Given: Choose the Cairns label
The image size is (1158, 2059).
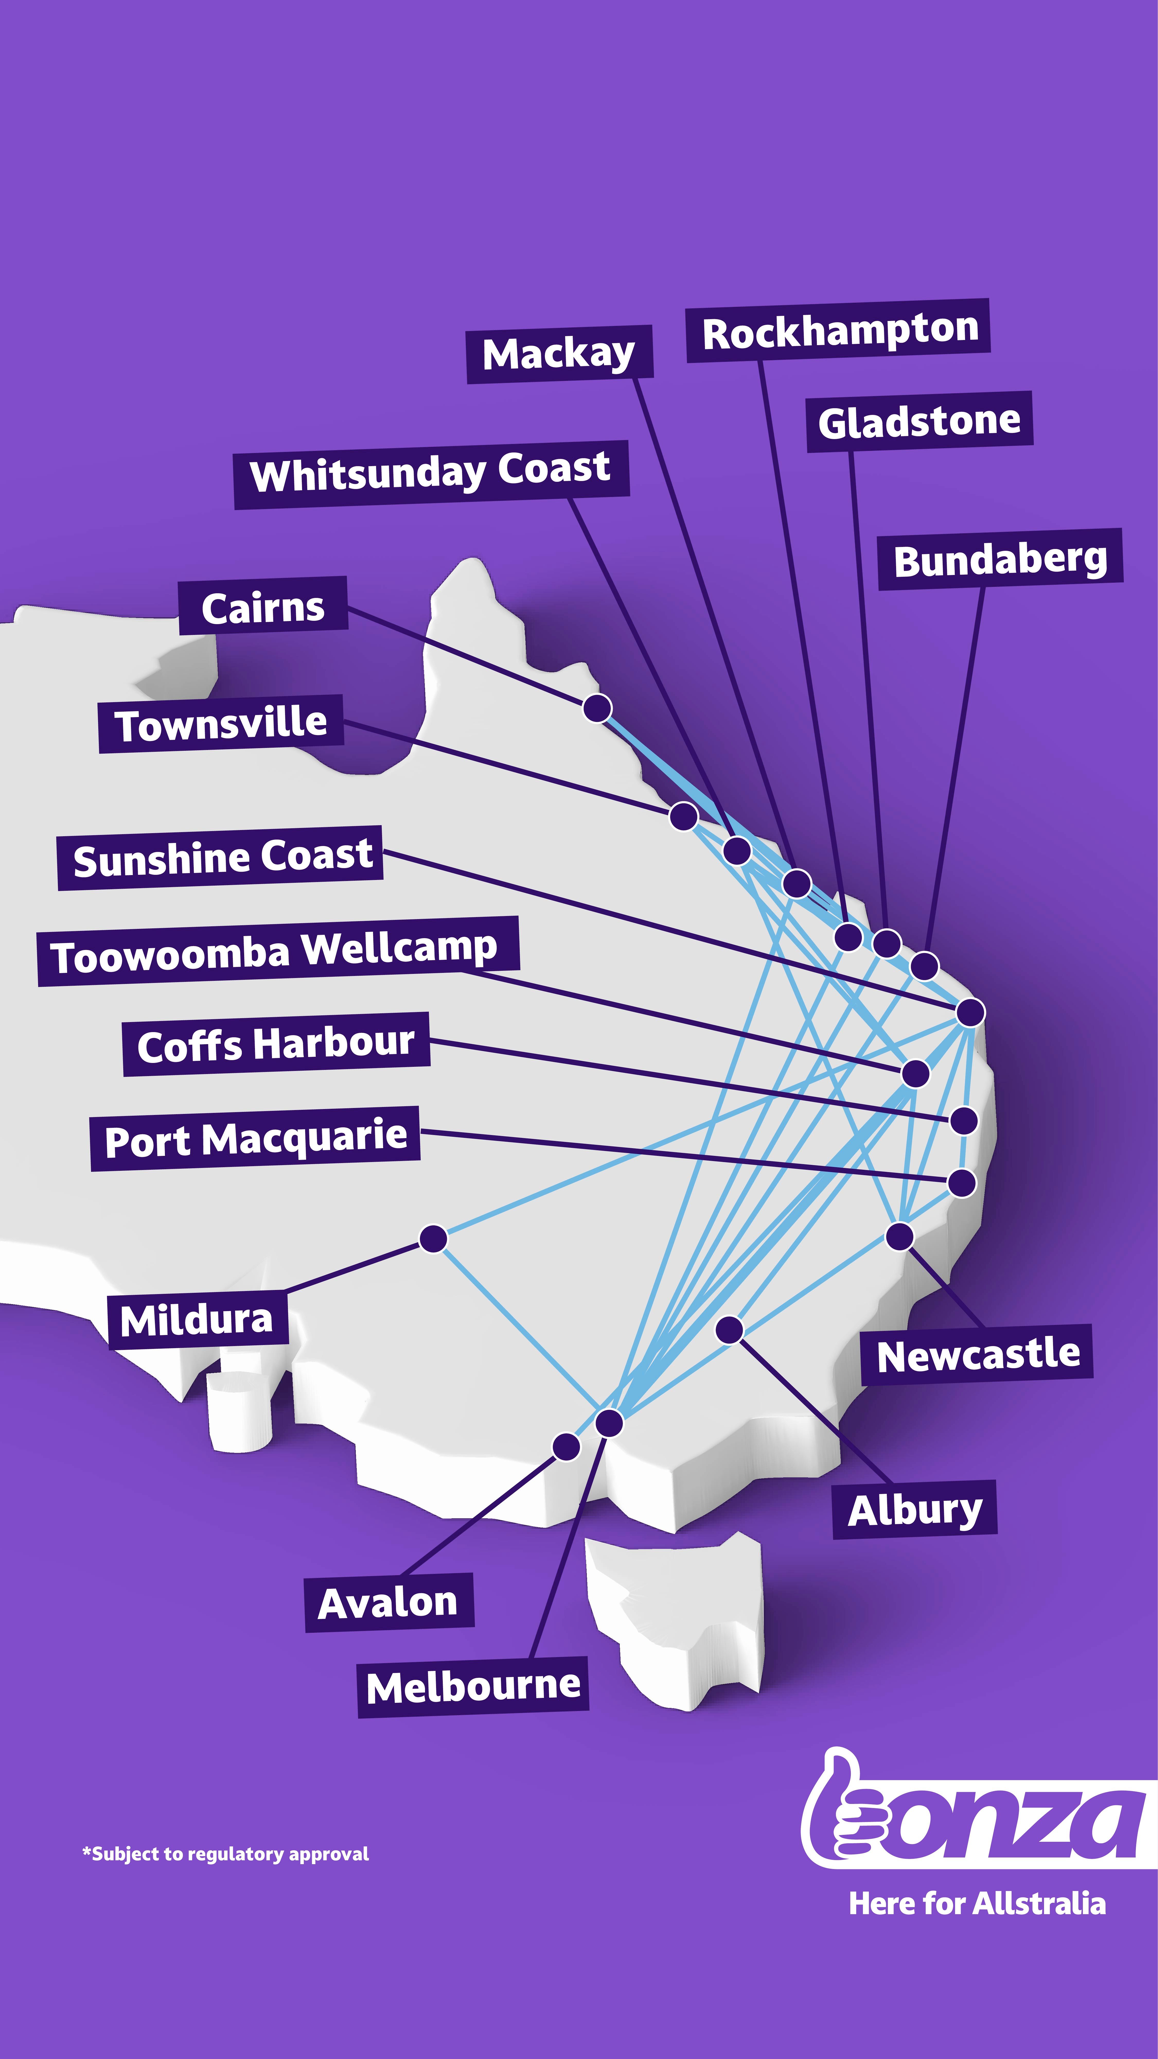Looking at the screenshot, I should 263,607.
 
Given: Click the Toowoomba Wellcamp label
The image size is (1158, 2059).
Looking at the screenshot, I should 276,951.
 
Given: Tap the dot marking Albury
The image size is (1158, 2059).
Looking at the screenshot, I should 729,1329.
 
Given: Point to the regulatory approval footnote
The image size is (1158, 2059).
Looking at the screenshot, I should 225,1854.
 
